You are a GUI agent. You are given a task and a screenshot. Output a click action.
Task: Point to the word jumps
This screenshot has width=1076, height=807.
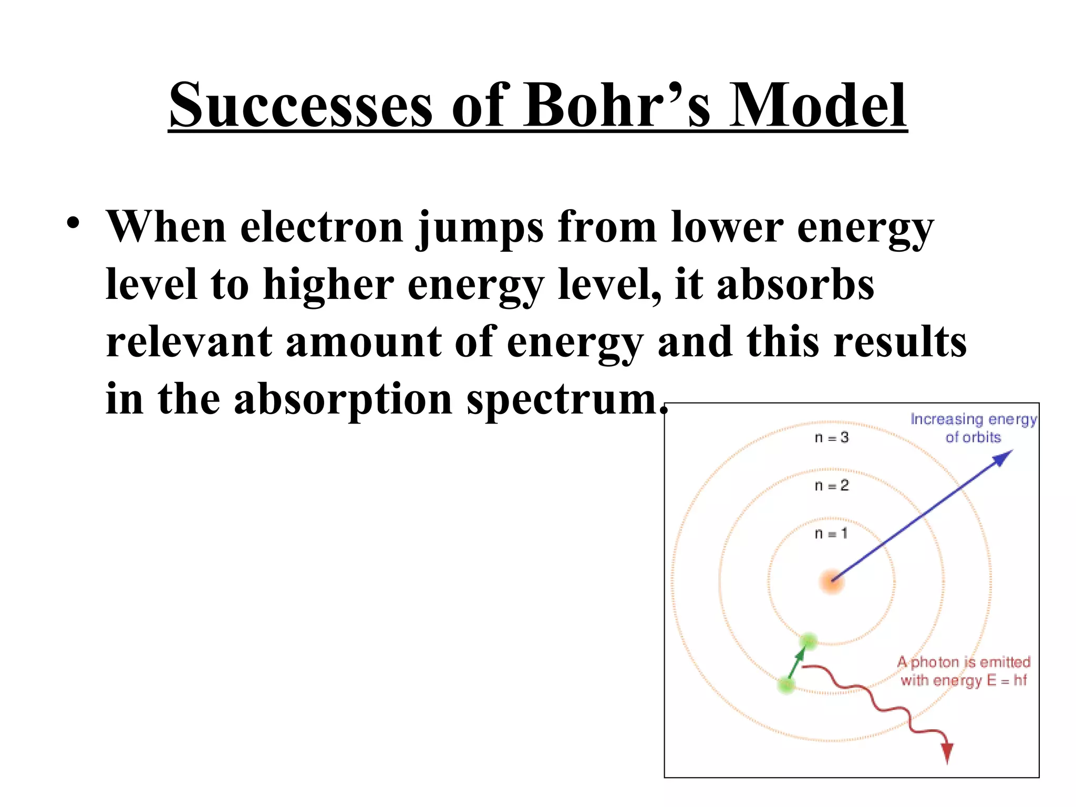(479, 228)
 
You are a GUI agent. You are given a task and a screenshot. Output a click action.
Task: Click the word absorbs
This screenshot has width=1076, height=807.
(795, 285)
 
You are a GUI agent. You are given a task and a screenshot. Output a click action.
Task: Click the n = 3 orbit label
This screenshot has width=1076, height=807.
(831, 438)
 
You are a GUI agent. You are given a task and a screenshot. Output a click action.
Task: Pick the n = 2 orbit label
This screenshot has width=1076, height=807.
(831, 485)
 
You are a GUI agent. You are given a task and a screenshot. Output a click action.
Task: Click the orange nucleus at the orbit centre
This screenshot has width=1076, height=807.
(832, 582)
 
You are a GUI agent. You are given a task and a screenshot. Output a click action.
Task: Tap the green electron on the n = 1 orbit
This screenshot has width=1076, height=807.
(809, 641)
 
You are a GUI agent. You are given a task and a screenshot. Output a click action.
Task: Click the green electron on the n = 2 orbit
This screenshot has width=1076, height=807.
(786, 685)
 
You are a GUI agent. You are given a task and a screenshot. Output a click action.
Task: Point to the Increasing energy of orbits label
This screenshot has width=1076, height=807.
(973, 428)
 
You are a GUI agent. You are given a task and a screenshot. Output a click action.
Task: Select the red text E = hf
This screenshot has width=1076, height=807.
(1007, 680)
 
